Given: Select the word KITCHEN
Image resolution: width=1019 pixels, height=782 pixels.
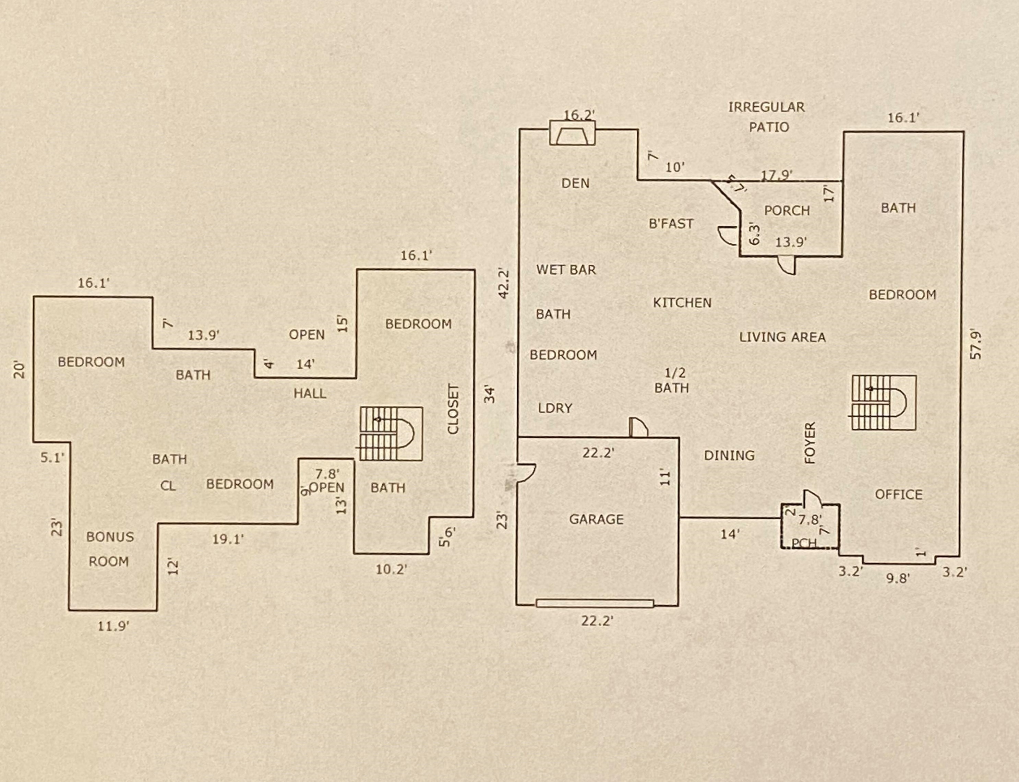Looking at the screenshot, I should [x=682, y=303].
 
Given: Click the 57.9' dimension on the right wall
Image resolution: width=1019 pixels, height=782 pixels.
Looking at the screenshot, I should [x=976, y=344].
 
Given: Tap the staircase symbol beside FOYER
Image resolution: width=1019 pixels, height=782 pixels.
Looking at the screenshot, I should [x=884, y=403].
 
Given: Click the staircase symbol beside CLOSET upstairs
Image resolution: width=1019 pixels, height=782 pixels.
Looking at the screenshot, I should [x=391, y=434].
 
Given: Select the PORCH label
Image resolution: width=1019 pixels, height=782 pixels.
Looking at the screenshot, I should [x=787, y=211].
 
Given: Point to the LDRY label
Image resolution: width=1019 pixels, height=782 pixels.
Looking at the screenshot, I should [x=555, y=408].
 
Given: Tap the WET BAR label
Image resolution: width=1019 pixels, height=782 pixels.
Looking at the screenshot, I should [x=566, y=270].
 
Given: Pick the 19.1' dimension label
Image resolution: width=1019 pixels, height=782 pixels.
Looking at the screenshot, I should [x=228, y=540].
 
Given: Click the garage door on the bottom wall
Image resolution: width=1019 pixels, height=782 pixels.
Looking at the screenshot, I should [x=595, y=604].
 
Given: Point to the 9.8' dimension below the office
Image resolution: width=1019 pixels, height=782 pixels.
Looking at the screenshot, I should [x=898, y=579].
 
